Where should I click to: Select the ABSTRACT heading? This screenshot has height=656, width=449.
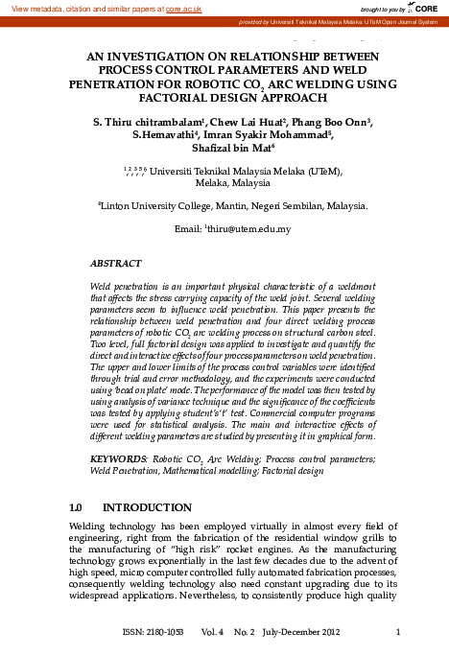(115, 263)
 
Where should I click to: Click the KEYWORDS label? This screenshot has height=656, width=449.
(114, 460)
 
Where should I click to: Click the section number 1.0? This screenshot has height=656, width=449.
(82, 506)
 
